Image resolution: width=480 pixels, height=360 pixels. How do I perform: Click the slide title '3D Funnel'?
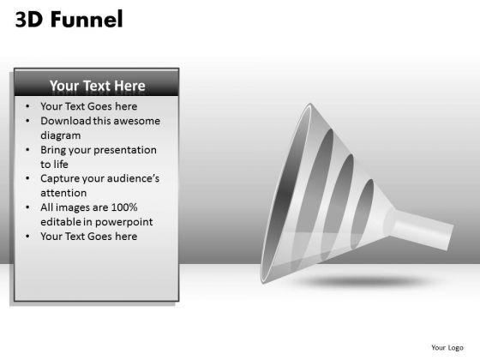pos(69,19)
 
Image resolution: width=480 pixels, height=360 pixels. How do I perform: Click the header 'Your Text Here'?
pos(97,86)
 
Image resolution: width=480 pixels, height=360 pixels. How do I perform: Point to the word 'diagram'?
pos(61,135)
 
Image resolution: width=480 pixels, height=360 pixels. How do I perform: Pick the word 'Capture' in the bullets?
pos(62,178)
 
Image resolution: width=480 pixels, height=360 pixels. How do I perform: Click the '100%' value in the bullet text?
pos(123,207)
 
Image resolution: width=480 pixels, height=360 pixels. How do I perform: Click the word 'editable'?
pos(62,222)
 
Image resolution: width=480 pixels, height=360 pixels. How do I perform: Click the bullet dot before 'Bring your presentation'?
pos(29,150)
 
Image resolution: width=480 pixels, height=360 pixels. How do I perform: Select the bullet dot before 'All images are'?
pos(29,207)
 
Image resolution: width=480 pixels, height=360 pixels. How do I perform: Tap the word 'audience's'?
pos(129,178)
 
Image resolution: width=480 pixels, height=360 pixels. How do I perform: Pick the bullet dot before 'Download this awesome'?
pos(29,121)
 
